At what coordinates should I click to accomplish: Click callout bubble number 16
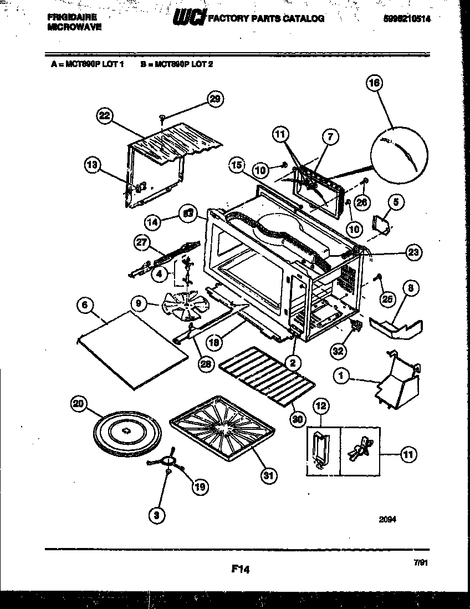click(x=375, y=84)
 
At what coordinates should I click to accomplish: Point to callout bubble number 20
click(x=80, y=404)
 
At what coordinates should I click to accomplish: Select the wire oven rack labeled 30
click(x=267, y=375)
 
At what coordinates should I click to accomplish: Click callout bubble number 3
click(x=157, y=515)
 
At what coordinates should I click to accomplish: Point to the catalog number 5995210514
click(x=407, y=18)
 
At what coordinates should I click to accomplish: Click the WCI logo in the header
click(x=189, y=18)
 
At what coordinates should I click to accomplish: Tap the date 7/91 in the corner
click(x=421, y=562)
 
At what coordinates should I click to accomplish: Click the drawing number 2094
click(x=387, y=520)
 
